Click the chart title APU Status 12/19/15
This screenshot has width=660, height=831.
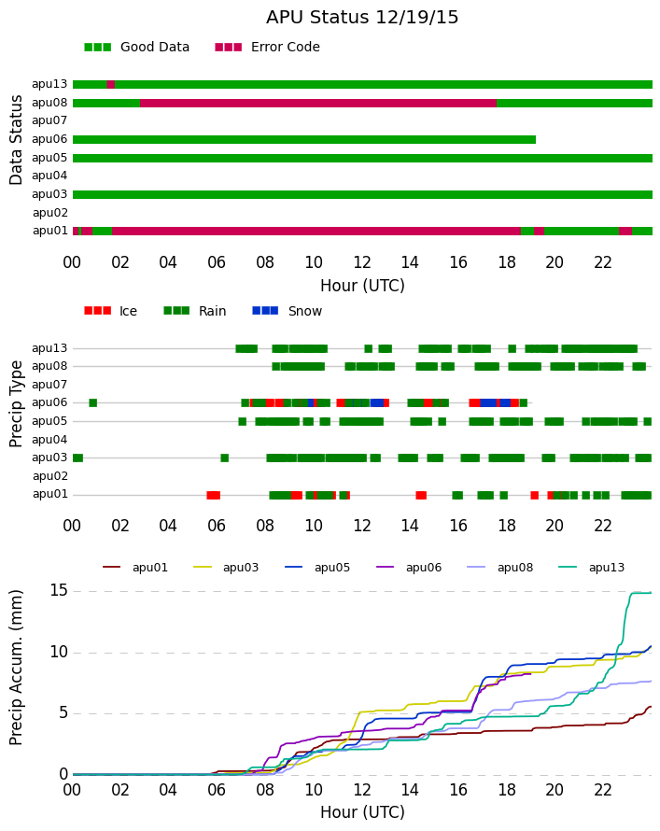(x=362, y=18)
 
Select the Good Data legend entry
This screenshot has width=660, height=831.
(x=136, y=48)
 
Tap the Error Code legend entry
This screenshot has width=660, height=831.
(x=268, y=48)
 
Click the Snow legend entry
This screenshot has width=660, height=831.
(x=288, y=311)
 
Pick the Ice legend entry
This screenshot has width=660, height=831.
(x=111, y=311)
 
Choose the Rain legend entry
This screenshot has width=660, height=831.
(x=195, y=311)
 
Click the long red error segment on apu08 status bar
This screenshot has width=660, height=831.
(x=318, y=103)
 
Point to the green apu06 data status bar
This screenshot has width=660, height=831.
(x=304, y=139)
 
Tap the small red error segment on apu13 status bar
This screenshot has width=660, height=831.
(x=111, y=84)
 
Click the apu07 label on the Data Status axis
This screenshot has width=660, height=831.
(x=49, y=120)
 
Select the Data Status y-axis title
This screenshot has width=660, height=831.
(x=17, y=140)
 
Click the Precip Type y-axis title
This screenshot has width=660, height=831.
(x=17, y=404)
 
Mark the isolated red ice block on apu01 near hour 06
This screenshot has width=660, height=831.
(x=214, y=495)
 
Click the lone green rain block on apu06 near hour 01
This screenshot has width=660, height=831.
(x=93, y=402)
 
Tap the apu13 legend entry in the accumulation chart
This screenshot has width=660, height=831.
(x=592, y=568)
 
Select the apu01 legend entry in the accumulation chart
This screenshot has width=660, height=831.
(x=135, y=568)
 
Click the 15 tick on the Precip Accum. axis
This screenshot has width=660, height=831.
(x=59, y=590)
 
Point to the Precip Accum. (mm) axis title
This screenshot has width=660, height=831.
(x=17, y=668)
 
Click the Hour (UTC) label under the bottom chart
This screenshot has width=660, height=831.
(x=362, y=812)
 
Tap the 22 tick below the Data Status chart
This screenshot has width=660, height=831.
(x=603, y=262)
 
